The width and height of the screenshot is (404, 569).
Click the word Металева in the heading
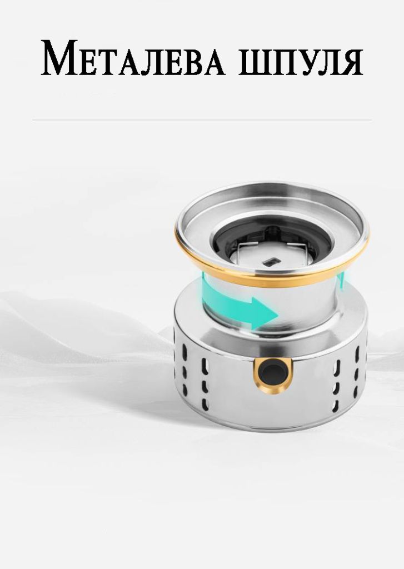click(x=133, y=58)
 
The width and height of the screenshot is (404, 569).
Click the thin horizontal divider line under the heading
click(x=202, y=120)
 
